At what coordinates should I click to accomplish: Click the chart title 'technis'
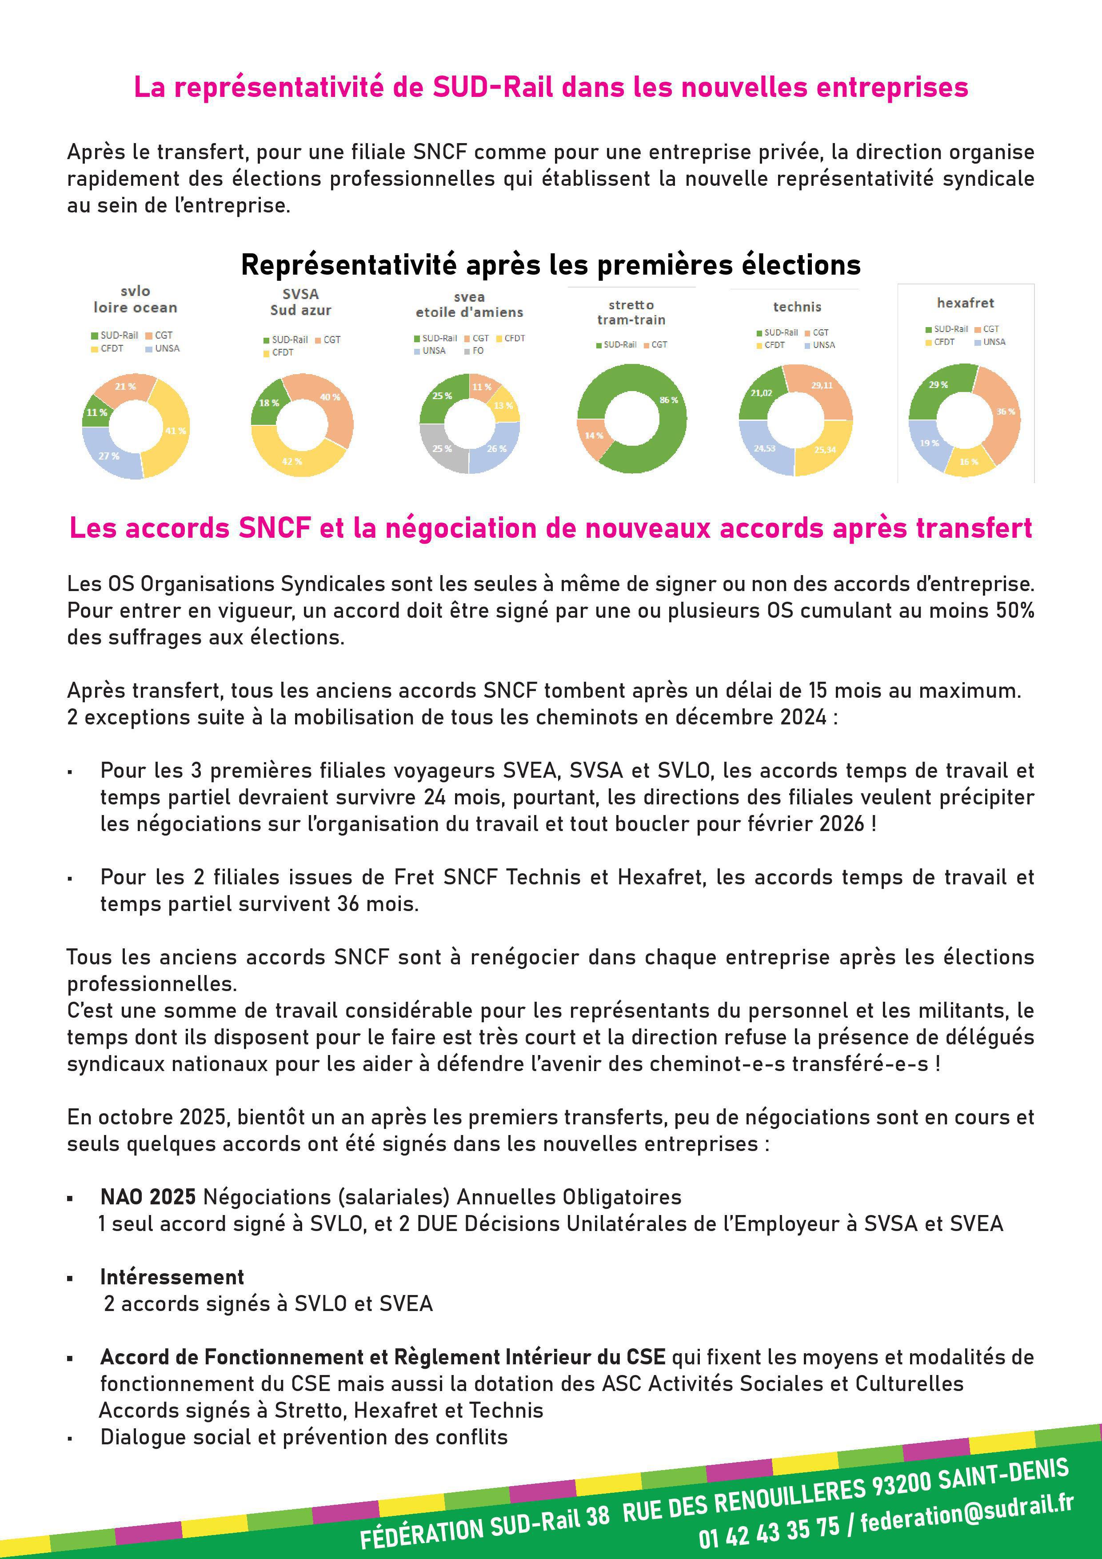click(797, 307)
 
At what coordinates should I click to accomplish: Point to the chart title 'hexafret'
click(965, 303)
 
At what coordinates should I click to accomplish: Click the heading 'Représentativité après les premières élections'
click(551, 265)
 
